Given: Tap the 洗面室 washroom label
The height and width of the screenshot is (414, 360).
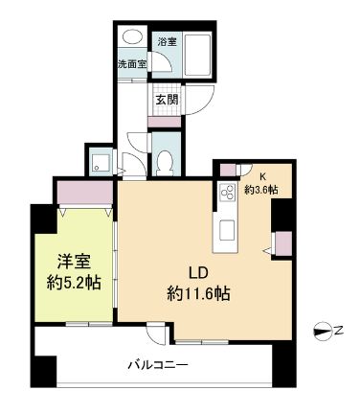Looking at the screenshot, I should (131, 64).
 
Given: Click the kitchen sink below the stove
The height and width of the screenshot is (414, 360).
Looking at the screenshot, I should (228, 231).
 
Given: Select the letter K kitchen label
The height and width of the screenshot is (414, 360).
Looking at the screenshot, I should (260, 176).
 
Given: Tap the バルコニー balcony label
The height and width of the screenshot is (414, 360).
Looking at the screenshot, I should (158, 364).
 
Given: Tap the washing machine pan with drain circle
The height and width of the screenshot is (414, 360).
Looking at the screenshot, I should (98, 162).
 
